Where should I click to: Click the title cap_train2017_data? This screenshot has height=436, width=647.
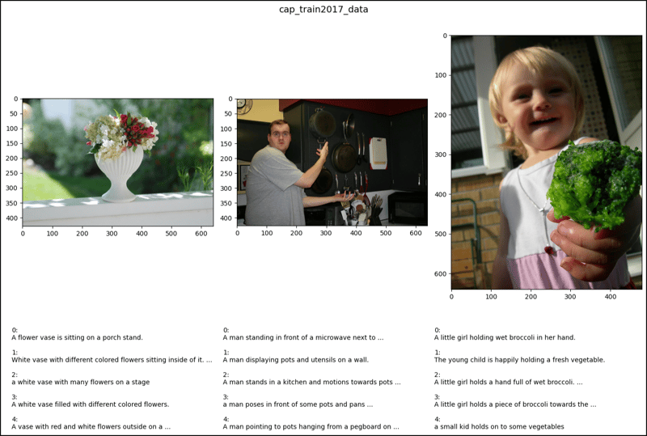tap(323, 10)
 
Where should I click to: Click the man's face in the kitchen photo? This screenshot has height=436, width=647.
tap(278, 134)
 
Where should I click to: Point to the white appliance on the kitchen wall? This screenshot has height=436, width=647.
tap(378, 153)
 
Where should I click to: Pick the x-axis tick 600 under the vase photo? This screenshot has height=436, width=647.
tap(201, 234)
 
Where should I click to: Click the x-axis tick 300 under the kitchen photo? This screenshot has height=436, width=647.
tap(326, 234)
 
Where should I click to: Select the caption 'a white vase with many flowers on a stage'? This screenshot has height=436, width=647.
tap(80, 382)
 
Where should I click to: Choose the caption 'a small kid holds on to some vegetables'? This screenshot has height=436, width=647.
tap(499, 426)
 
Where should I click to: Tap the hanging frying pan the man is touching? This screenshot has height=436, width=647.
tap(323, 125)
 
